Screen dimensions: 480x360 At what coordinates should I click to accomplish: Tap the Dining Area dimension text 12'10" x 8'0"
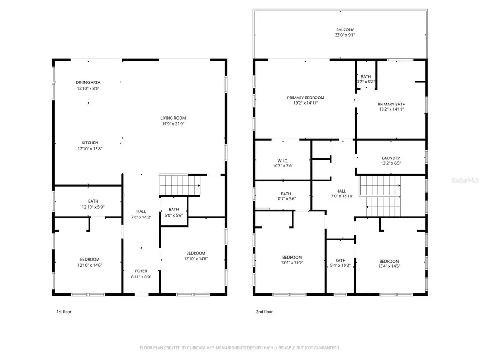point(88,88)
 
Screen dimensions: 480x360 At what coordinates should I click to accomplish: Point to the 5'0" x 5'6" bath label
point(173,212)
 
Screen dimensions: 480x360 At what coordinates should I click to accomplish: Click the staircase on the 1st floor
point(180,185)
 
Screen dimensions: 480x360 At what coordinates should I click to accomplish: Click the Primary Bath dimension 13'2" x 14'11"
point(391,109)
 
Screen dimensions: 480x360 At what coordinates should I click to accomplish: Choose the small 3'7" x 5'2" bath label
point(366,79)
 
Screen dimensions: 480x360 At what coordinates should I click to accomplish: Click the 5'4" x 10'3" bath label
point(340,263)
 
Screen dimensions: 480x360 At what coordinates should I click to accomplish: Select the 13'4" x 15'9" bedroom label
point(292,260)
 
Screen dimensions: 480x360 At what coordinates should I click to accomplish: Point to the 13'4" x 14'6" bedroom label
point(389,263)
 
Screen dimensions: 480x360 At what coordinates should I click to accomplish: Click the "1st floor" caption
point(64,312)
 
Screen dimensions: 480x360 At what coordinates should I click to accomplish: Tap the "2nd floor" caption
point(264,312)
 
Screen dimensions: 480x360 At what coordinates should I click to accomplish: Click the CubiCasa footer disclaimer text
point(240,348)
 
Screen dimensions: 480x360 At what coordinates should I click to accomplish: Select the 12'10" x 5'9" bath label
point(93,204)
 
